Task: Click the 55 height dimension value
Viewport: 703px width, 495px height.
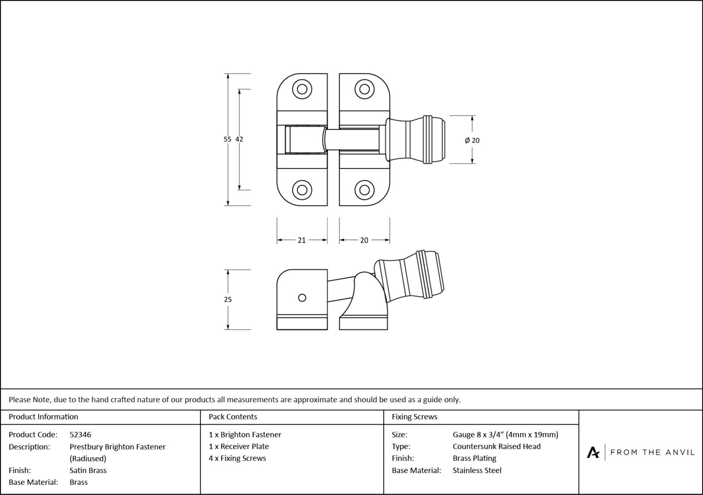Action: [x=227, y=139]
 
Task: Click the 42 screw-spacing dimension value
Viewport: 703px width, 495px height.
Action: [x=239, y=139]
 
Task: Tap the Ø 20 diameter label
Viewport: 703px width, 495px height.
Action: [x=472, y=141]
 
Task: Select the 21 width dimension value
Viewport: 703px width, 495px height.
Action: [x=301, y=240]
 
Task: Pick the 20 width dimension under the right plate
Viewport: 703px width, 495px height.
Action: [x=364, y=240]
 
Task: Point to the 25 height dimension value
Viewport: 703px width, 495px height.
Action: [x=228, y=300]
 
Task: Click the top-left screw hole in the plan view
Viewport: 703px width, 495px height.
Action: [x=302, y=89]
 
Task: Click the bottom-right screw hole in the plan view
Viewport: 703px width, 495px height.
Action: [x=364, y=190]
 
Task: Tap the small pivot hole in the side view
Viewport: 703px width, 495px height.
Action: [x=302, y=298]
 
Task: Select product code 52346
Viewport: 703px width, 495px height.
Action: [x=80, y=435]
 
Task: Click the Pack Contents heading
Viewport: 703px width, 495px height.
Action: [x=233, y=417]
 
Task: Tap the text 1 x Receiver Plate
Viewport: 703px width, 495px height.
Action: [x=239, y=446]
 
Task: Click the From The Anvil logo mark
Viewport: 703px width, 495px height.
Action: [x=593, y=452]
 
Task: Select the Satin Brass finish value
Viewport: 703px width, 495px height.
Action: [x=88, y=470]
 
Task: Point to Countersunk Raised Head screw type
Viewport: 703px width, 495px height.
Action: [x=496, y=446]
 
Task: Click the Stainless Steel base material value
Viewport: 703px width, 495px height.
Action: [x=477, y=470]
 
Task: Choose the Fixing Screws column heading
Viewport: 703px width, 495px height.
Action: [x=414, y=417]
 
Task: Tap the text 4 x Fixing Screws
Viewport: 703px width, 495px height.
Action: [x=237, y=459]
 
